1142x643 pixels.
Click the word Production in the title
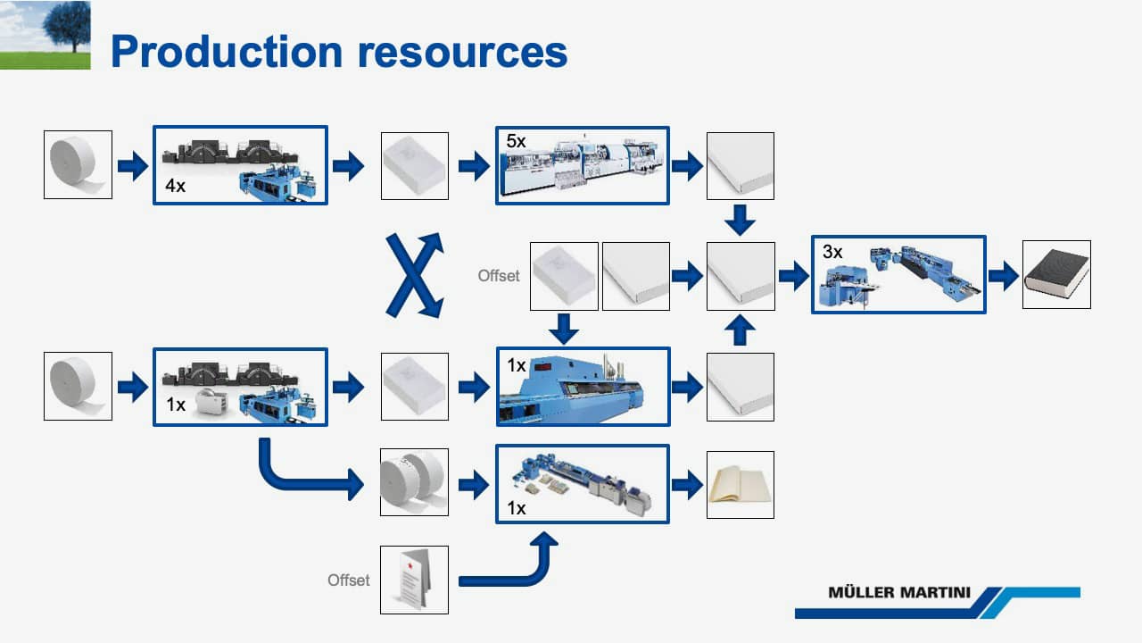click(227, 52)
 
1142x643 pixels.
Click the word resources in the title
click(463, 53)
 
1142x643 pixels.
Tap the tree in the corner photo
click(67, 26)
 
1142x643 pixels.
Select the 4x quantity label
click(175, 186)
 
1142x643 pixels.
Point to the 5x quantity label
click(516, 141)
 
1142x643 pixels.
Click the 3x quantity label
click(832, 252)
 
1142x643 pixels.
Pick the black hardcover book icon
click(1056, 274)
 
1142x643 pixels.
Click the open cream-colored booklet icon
click(741, 485)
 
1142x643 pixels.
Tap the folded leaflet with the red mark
click(415, 580)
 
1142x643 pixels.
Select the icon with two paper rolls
click(415, 482)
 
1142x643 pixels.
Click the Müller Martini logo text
click(899, 592)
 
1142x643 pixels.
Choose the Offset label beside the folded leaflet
click(349, 580)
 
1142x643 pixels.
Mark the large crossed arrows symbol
click(415, 276)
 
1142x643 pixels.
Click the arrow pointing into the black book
click(1004, 276)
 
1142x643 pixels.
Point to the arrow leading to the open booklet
click(688, 485)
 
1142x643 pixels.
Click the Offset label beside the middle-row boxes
click(499, 276)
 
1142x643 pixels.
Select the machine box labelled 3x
click(898, 274)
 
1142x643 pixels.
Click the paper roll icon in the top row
click(78, 165)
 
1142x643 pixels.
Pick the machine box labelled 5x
click(583, 166)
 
